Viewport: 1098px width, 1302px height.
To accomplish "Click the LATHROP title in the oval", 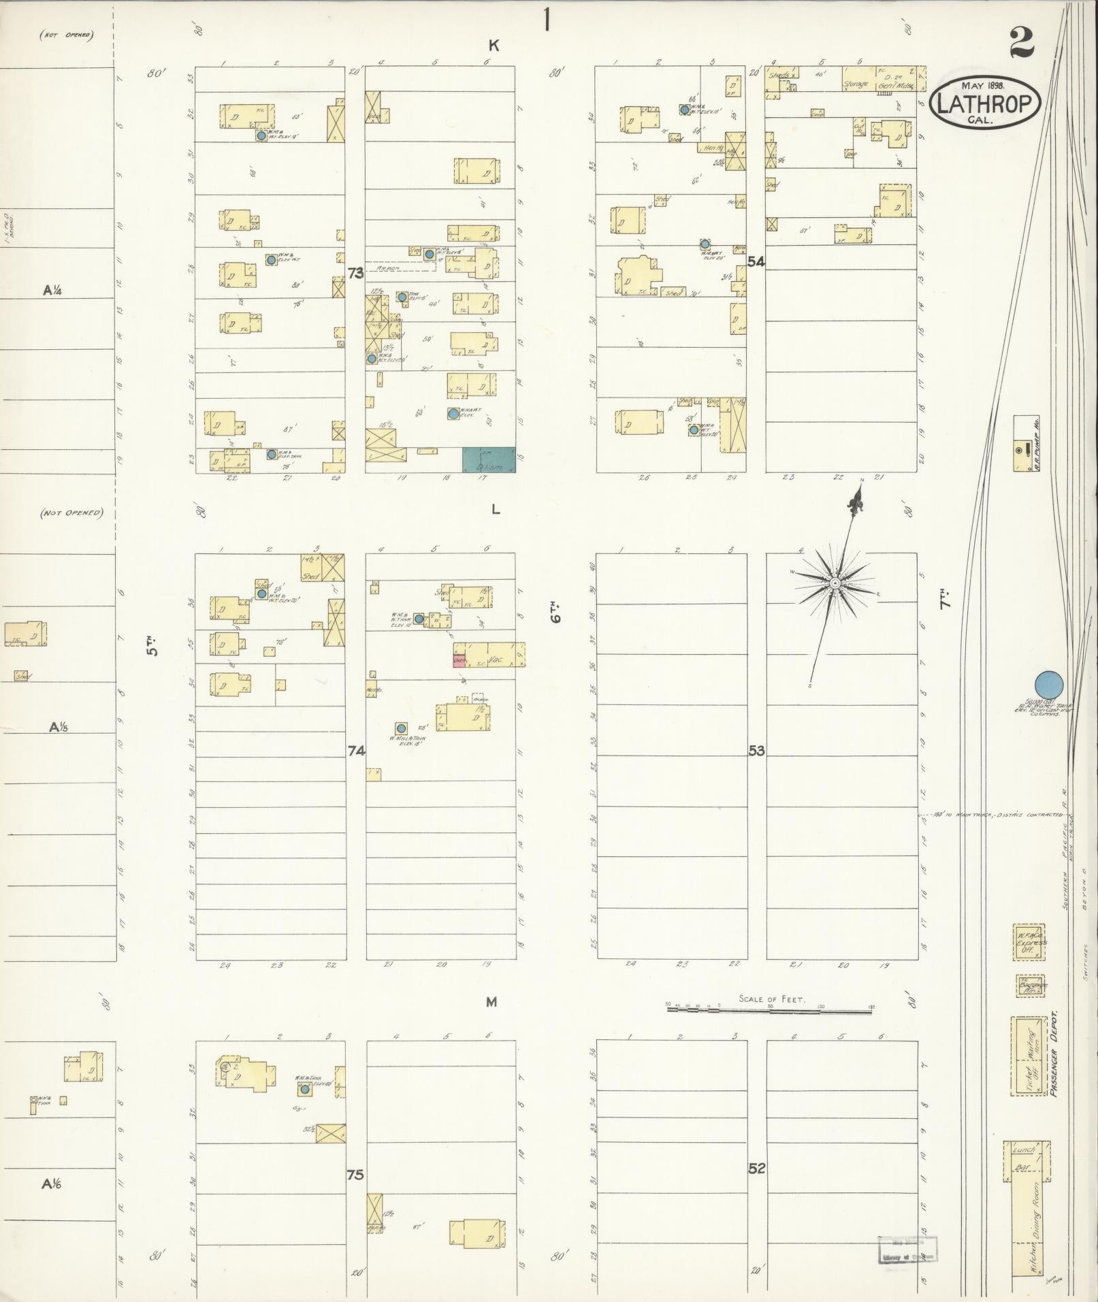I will pyautogui.click(x=986, y=103).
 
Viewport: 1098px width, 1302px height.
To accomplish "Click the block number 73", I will pyautogui.click(x=355, y=274).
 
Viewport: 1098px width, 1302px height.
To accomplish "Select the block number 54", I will pyautogui.click(x=755, y=261).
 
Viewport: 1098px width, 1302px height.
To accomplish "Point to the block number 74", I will pyautogui.click(x=356, y=751).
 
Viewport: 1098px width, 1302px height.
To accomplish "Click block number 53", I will pyautogui.click(x=756, y=751).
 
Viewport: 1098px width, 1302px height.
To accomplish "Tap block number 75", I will pyautogui.click(x=355, y=1174).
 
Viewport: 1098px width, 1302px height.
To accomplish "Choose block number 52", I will pyautogui.click(x=756, y=1168).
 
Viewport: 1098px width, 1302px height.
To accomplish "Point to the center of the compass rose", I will pyautogui.click(x=834, y=584).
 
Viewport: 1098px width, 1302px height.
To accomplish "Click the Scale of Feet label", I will pyautogui.click(x=771, y=999).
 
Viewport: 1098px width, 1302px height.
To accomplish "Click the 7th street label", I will pyautogui.click(x=946, y=601).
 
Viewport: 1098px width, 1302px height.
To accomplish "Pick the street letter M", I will pyautogui.click(x=491, y=1001).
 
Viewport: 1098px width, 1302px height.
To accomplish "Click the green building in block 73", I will pyautogui.click(x=488, y=460).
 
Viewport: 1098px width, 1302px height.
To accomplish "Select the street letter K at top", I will pyautogui.click(x=494, y=46).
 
